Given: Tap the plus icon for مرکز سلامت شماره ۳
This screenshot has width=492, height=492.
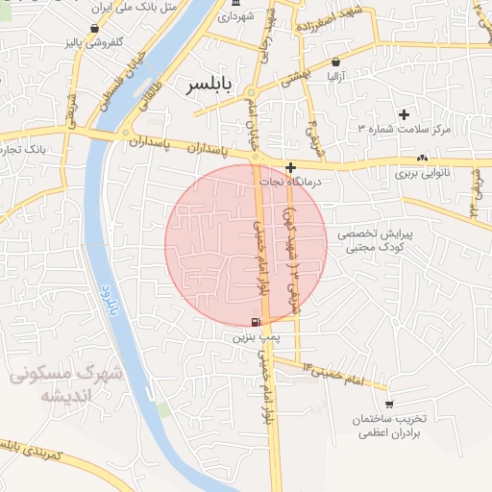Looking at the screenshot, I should click(404, 114).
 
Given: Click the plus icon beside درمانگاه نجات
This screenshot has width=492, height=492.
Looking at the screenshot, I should click(291, 167).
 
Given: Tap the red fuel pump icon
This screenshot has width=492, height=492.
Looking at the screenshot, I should click(254, 322).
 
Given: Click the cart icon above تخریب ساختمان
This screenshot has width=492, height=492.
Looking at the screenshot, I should click(388, 405).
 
